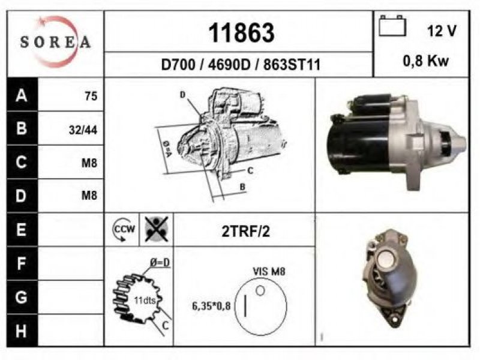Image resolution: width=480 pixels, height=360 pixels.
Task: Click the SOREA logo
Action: [x=55, y=41]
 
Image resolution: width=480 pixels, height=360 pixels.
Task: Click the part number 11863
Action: [x=241, y=33]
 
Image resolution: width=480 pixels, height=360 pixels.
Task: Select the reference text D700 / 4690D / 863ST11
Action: [x=241, y=65]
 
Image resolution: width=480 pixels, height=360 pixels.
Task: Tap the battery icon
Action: [x=392, y=26]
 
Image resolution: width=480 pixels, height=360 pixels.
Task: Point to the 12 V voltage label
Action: [x=442, y=31]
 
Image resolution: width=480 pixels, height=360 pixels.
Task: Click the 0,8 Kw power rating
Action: [x=426, y=61]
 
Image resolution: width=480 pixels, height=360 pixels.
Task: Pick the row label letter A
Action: [x=22, y=95]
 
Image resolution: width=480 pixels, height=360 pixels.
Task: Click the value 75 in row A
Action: [x=91, y=96]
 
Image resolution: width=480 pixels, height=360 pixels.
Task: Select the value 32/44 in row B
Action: [x=83, y=130]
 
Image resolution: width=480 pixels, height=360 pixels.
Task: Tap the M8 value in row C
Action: [x=89, y=163]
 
